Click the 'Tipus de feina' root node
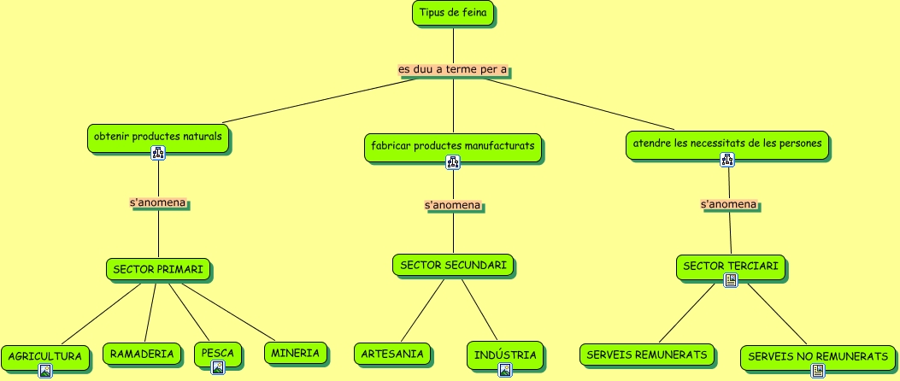pyautogui.click(x=453, y=13)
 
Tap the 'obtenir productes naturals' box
pyautogui.click(x=158, y=137)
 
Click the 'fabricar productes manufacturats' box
pyautogui.click(x=453, y=146)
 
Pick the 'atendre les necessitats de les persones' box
pyautogui.click(x=727, y=143)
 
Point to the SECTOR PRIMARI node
pyautogui.click(x=158, y=270)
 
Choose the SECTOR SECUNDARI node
pyautogui.click(x=453, y=266)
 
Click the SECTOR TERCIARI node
pyautogui.click(x=730, y=267)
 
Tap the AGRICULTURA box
pyautogui.click(x=45, y=355)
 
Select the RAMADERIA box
pyautogui.click(x=143, y=353)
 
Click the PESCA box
pyautogui.click(x=218, y=352)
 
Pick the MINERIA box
pyautogui.click(x=295, y=352)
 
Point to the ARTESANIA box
pyautogui.click(x=392, y=354)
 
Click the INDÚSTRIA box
pyautogui.click(x=505, y=354)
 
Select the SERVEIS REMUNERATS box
pyautogui.click(x=647, y=354)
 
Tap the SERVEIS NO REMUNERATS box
pyautogui.click(x=818, y=356)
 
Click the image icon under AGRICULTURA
pyautogui.click(x=45, y=370)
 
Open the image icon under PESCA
pyautogui.click(x=218, y=367)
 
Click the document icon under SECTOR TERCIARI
pyautogui.click(x=730, y=280)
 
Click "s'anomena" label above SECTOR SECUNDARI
pyautogui.click(x=453, y=206)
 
